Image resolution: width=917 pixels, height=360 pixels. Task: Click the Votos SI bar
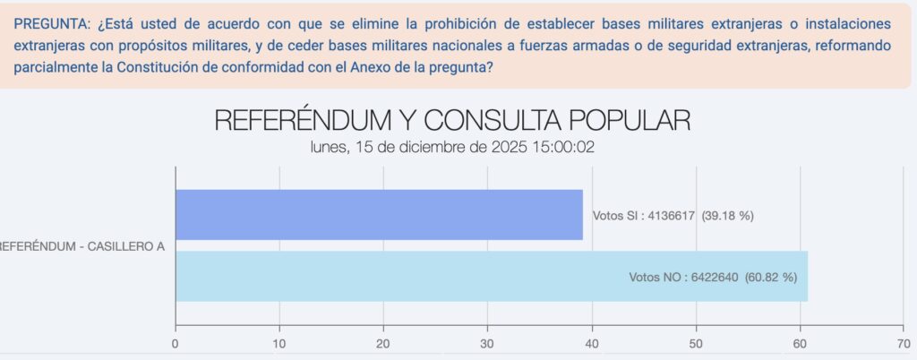[x=379, y=214]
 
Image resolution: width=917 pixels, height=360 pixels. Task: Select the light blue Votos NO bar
[x=491, y=276]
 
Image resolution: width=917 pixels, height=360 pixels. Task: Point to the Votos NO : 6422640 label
[x=713, y=277]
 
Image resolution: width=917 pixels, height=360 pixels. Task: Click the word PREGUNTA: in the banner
[x=53, y=21]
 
